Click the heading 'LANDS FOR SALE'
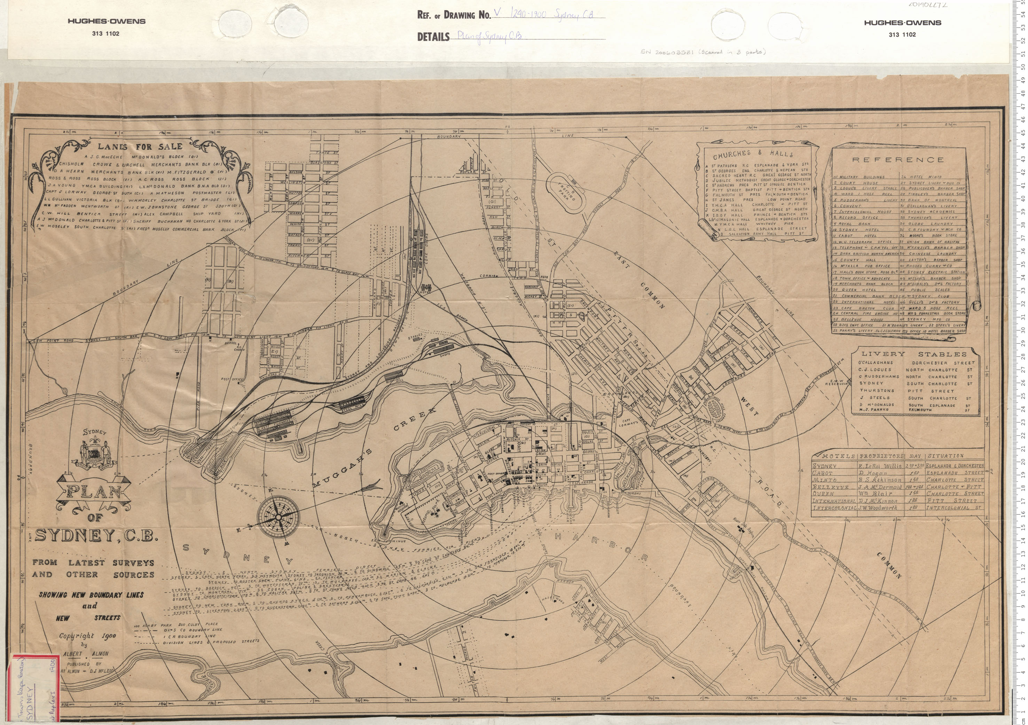(140, 146)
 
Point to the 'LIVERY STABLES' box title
(914, 354)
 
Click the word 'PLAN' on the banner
(94, 492)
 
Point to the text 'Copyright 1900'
(88, 636)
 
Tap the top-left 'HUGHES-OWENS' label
(106, 21)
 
